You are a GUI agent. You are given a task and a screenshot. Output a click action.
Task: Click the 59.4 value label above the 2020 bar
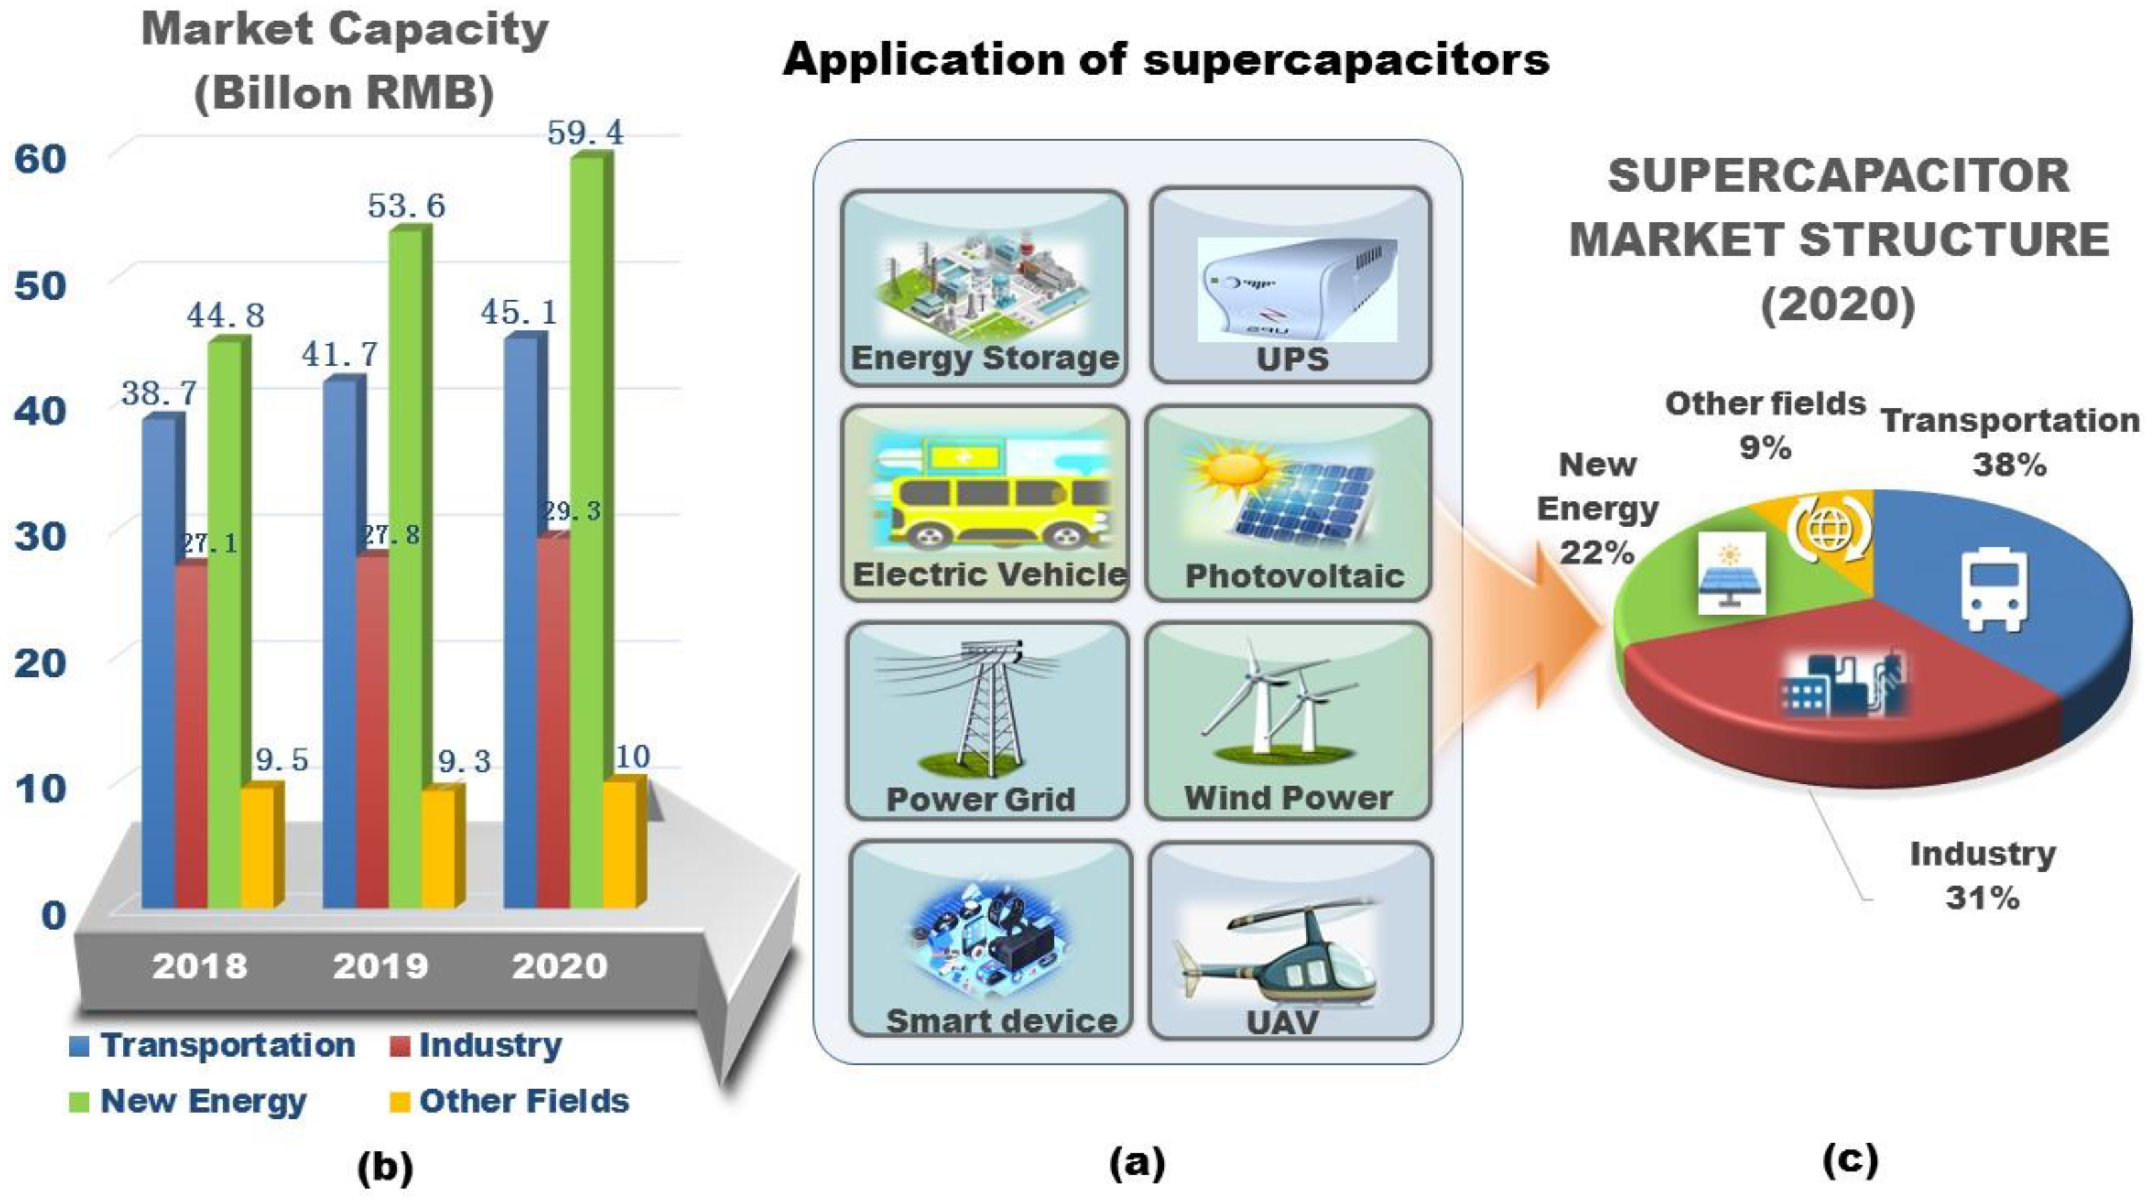point(585,132)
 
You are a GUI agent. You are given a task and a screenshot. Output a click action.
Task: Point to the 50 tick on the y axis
point(40,286)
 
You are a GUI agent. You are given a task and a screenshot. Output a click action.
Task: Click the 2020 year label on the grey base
point(559,966)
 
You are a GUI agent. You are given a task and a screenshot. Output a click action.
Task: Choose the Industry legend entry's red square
point(400,1046)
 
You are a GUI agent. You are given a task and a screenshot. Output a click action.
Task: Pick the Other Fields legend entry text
point(524,1101)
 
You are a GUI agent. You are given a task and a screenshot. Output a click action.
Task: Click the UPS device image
point(1296,289)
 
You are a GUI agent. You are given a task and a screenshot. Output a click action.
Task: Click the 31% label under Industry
point(1982,898)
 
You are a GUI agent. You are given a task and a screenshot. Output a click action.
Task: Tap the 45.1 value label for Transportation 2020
point(519,313)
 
